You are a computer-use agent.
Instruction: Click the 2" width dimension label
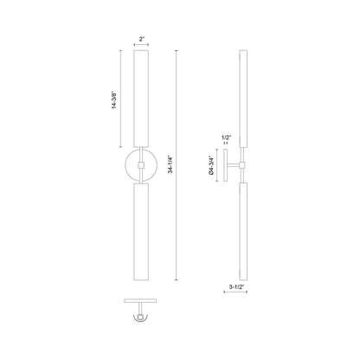click(x=141, y=39)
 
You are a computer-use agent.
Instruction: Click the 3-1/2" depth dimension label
click(x=233, y=282)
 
